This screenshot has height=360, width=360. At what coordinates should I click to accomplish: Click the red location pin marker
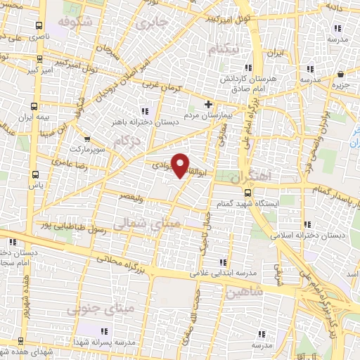point(181,165)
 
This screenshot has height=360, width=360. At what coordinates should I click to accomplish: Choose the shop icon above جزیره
point(341,73)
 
